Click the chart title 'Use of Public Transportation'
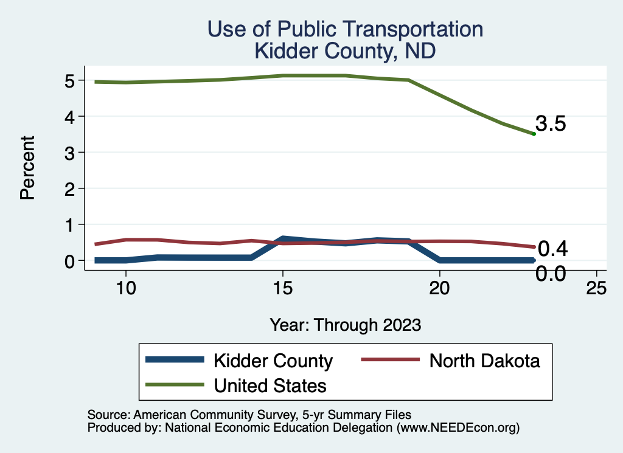(345, 29)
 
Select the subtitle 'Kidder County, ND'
(345, 50)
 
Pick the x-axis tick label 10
(125, 289)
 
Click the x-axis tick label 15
(282, 289)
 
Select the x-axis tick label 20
(439, 289)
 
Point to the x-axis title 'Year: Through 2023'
(345, 325)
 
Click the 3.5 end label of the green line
(551, 124)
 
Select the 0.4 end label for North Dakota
(553, 248)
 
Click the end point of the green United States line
(534, 134)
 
